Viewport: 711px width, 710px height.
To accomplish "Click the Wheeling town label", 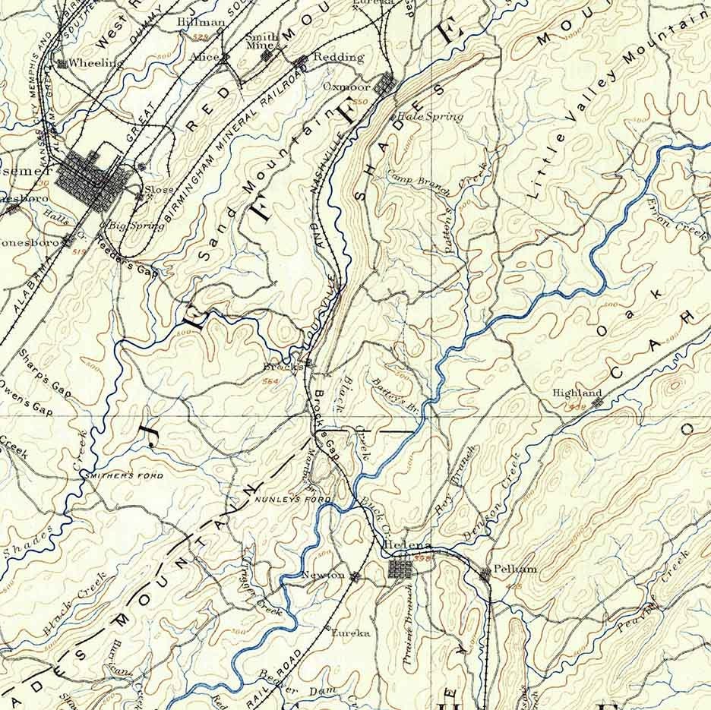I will pos(95,63).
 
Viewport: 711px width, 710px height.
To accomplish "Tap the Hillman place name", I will pos(201,23).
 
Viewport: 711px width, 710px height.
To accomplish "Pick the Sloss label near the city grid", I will pos(160,189).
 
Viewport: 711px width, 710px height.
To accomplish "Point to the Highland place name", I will pos(577,393).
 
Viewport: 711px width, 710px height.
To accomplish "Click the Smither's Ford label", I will pos(125,475).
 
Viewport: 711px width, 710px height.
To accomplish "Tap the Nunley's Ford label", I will pos(293,500).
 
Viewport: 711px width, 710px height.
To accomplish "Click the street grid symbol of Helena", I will pos(400,569).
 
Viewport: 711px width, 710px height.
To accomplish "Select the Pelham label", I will pos(515,569).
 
